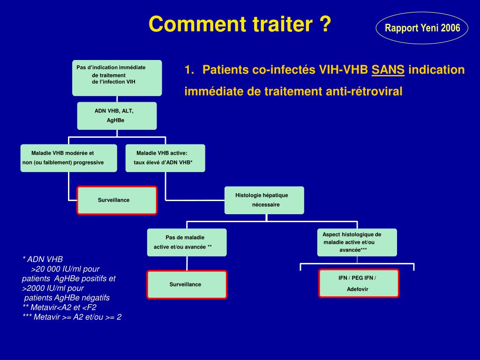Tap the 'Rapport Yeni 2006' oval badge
422,28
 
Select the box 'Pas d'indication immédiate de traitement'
117,78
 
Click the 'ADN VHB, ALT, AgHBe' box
117,116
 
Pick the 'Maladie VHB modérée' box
68,158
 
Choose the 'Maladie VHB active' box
165,158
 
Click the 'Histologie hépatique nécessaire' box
264,200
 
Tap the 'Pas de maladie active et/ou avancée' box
187,242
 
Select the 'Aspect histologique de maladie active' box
357,242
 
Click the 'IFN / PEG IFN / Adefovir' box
359,283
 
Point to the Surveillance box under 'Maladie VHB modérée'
117,200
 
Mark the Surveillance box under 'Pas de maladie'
187,285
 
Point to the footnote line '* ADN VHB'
43,259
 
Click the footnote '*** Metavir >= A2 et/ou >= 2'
72,317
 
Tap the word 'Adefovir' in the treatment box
358,289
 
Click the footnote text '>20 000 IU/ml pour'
65,269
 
